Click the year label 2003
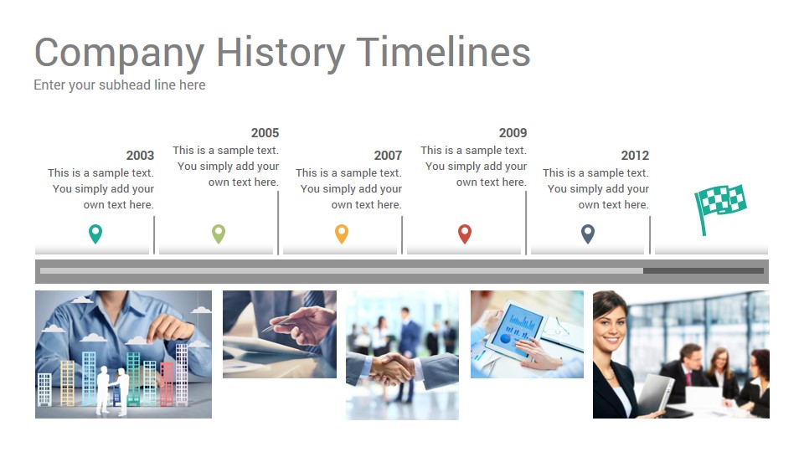point(140,156)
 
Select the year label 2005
point(265,133)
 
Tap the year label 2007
point(388,156)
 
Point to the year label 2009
point(513,133)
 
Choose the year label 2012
point(635,156)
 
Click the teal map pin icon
point(95,234)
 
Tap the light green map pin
point(219,234)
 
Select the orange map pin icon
point(342,234)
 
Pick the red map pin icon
point(465,234)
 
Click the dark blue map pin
point(588,234)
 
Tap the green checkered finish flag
point(720,205)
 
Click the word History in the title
point(281,53)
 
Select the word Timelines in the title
point(444,52)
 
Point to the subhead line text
point(120,85)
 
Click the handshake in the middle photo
point(392,368)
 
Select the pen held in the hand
point(281,323)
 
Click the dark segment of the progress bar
point(703,271)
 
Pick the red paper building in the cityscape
point(167,383)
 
